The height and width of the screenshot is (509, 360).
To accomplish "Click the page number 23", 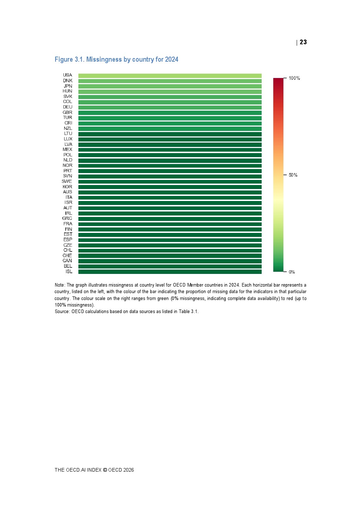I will click(303, 42).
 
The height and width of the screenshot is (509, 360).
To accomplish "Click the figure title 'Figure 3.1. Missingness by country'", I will click(116, 59).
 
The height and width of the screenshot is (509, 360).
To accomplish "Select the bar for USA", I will click(170, 76).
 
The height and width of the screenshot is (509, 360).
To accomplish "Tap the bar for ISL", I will click(170, 272).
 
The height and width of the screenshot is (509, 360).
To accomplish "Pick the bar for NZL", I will click(170, 129).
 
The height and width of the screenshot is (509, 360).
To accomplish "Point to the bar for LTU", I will click(170, 134).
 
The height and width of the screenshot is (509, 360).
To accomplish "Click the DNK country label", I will click(67, 81).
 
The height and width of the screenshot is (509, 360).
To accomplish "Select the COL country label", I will click(67, 102).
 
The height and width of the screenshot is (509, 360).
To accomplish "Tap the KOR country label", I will click(67, 187).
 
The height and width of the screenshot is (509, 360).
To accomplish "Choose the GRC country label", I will click(67, 218).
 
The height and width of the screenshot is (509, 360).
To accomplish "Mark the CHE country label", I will click(67, 255).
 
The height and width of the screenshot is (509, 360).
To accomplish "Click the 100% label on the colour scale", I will click(294, 78).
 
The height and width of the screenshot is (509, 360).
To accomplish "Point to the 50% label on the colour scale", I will click(293, 175).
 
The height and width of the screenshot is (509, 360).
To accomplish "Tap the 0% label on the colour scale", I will click(292, 272).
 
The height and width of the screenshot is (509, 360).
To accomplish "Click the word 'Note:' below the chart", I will click(60, 285).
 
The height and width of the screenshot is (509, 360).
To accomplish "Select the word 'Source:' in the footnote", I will click(62, 312).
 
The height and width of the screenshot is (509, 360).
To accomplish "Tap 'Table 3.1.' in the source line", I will click(188, 312).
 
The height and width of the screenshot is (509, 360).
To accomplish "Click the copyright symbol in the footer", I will click(105, 470).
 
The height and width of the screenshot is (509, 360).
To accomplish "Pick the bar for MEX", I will click(170, 150).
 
